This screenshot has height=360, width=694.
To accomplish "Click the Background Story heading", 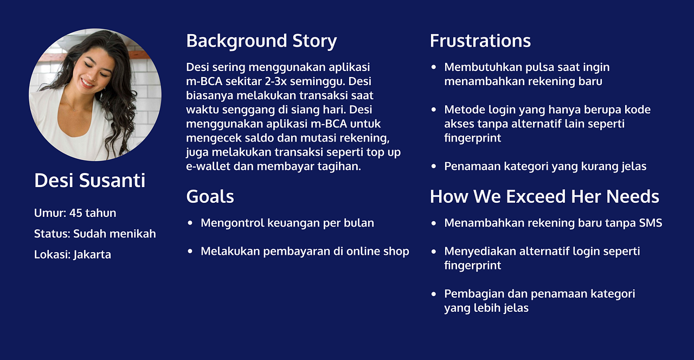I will (x=261, y=41).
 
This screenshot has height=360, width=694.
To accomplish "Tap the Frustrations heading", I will (x=480, y=41).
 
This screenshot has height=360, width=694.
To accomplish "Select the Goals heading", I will (x=210, y=196).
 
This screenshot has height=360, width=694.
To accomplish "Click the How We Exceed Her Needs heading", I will (x=544, y=196).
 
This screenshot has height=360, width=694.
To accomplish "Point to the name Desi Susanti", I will (x=89, y=181).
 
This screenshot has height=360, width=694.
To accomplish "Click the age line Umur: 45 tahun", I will (x=75, y=213).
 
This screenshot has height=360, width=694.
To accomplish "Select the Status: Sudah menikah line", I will (x=95, y=234).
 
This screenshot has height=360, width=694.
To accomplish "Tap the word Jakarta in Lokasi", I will (x=92, y=254).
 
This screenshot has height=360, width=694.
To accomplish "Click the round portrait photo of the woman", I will (x=95, y=95).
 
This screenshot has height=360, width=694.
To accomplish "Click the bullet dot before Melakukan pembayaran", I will (x=190, y=252).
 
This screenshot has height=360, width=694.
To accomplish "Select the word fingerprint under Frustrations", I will (x=472, y=138).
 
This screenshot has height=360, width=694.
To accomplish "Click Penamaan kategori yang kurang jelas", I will (x=545, y=166).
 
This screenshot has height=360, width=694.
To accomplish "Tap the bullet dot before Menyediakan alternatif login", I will (x=433, y=252).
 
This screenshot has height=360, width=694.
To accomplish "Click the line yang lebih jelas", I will (x=486, y=308).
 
